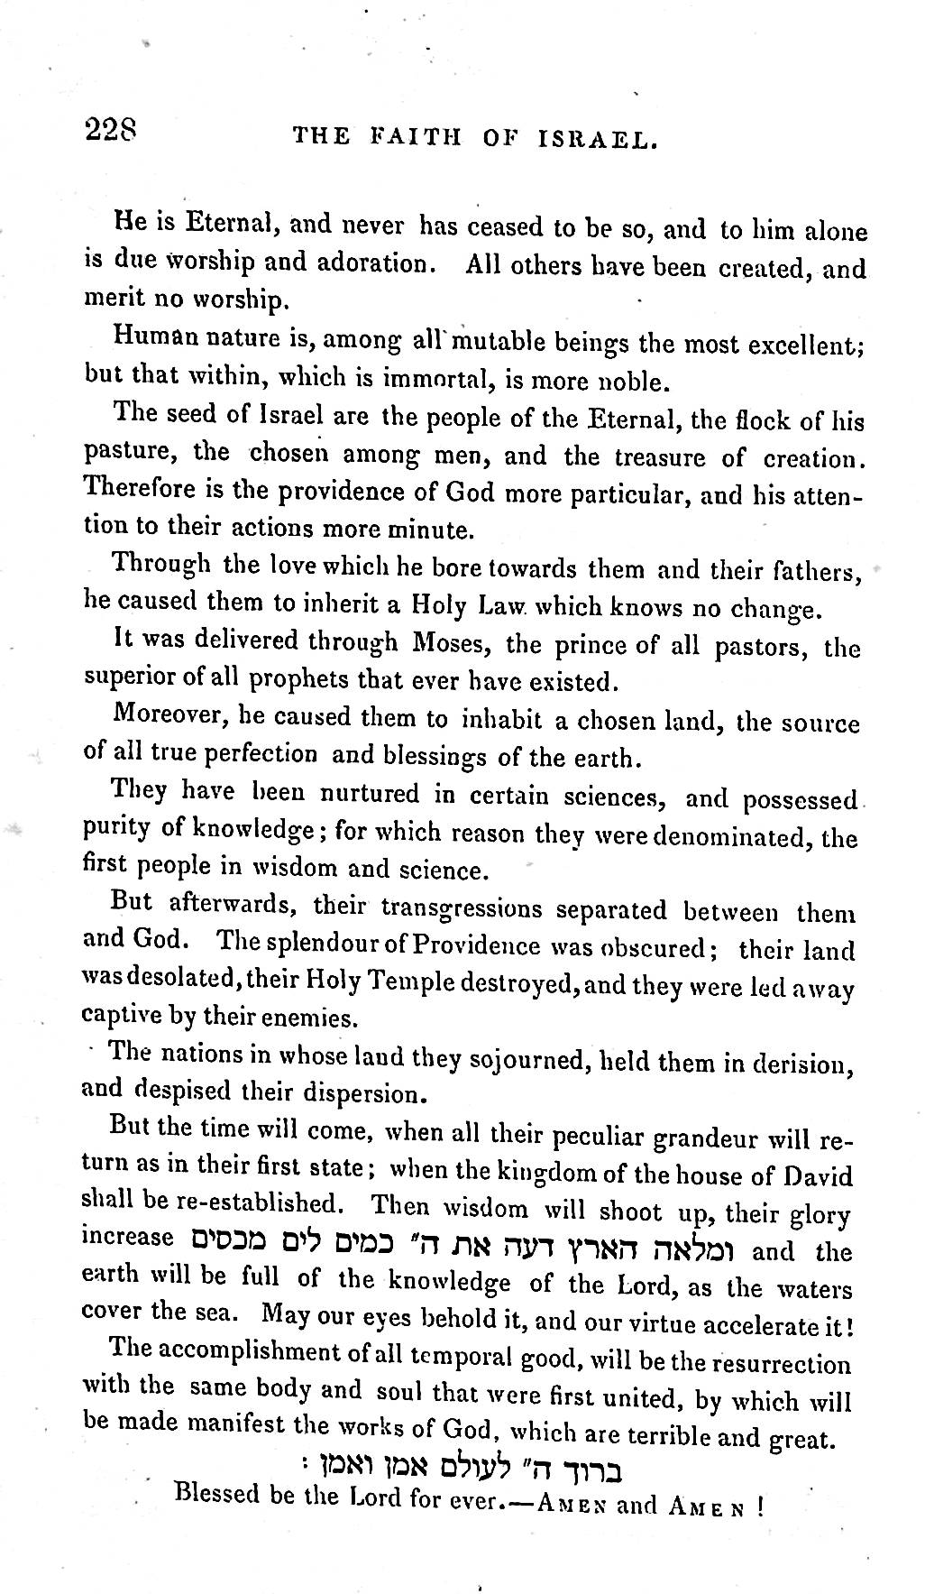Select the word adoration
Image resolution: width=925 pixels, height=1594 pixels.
point(366,265)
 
